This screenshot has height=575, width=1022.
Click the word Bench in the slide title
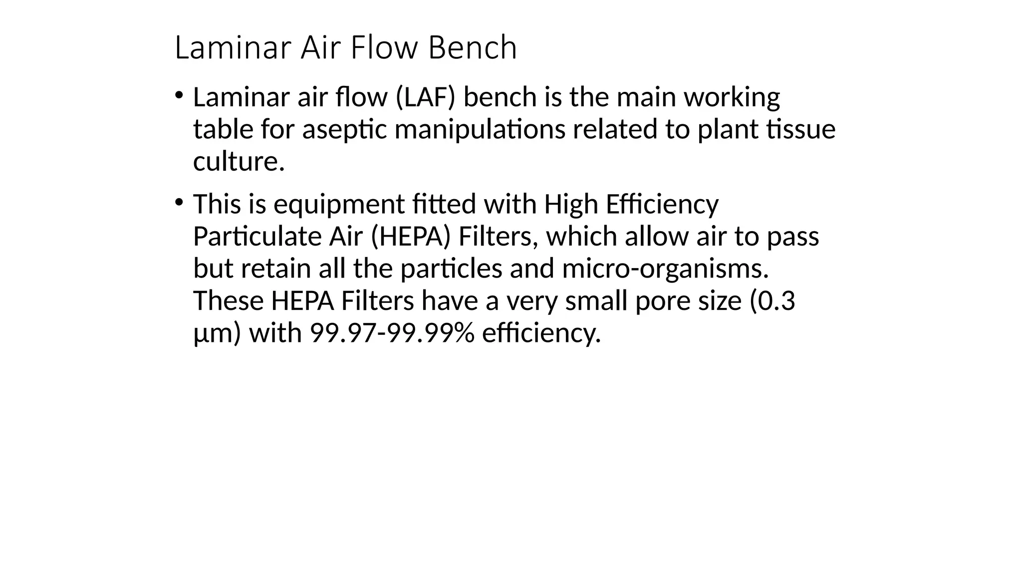tap(472, 48)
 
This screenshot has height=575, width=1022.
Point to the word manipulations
tap(480, 130)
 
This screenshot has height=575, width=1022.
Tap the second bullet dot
tap(179, 202)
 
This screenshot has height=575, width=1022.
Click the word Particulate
tap(257, 237)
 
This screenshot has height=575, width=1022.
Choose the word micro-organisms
tap(665, 269)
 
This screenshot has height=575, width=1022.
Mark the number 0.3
tap(776, 301)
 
